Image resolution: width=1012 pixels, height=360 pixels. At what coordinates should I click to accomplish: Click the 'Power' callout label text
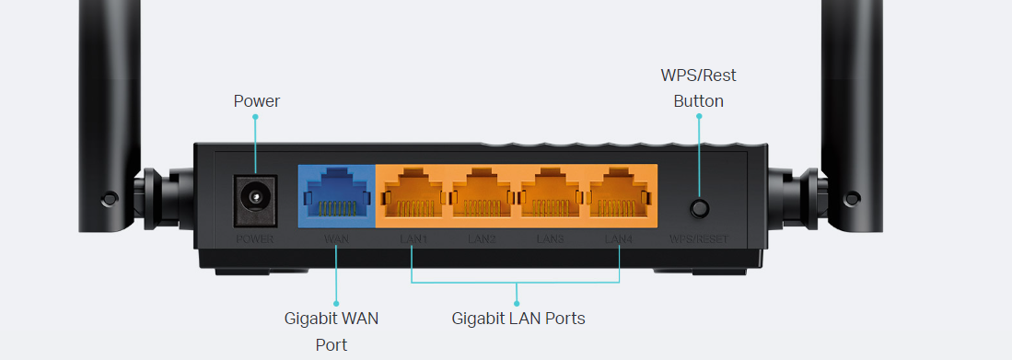(256, 101)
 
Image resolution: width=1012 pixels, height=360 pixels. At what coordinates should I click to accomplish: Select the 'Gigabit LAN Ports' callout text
(518, 319)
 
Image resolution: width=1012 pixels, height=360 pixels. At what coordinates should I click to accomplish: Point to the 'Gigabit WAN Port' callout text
(331, 331)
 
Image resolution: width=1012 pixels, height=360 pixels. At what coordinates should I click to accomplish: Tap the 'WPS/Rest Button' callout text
(698, 88)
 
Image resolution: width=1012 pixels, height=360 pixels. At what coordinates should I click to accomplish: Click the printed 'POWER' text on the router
(255, 239)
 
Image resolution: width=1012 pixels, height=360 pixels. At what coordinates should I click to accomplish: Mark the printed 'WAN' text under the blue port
(336, 239)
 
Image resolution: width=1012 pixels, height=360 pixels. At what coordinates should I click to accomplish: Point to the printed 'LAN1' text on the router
(413, 239)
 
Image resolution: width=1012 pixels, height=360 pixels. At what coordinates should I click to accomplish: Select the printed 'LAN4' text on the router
(619, 239)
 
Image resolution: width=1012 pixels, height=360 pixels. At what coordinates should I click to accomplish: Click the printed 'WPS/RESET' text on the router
(699, 239)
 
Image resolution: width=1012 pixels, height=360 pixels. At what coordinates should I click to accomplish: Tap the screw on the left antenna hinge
(110, 197)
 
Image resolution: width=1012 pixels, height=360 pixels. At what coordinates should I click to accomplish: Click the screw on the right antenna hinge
(852, 197)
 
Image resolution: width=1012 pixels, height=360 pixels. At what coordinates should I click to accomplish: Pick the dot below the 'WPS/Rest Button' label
(698, 117)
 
